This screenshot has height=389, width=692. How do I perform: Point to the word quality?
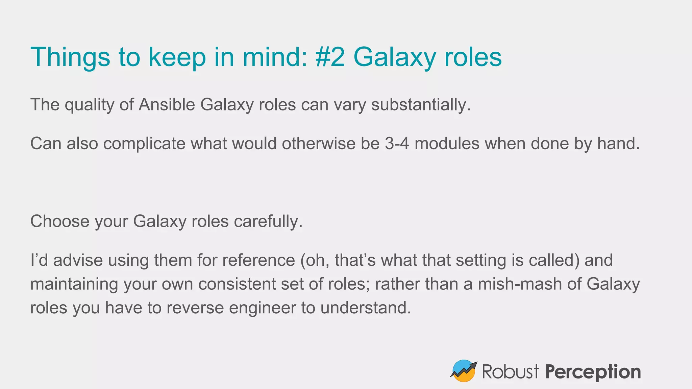(90, 105)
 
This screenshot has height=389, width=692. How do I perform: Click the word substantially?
(421, 105)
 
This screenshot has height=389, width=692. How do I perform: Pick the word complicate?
(144, 144)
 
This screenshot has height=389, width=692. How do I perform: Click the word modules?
(447, 144)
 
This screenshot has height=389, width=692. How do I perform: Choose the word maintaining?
(74, 284)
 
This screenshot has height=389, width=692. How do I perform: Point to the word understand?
(366, 308)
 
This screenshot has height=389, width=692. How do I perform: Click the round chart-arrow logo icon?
(464, 371)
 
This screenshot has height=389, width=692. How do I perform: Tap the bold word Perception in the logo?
(593, 372)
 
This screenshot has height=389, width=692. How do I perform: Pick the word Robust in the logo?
(510, 371)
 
